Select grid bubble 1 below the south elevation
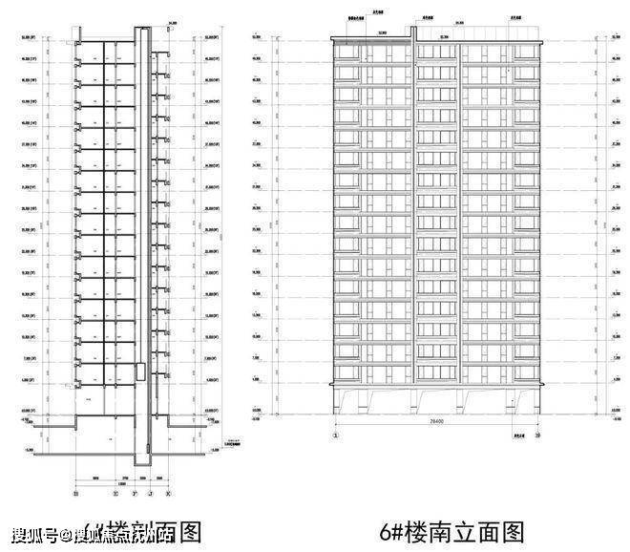[335, 435]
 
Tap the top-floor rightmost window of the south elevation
[528, 53]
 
